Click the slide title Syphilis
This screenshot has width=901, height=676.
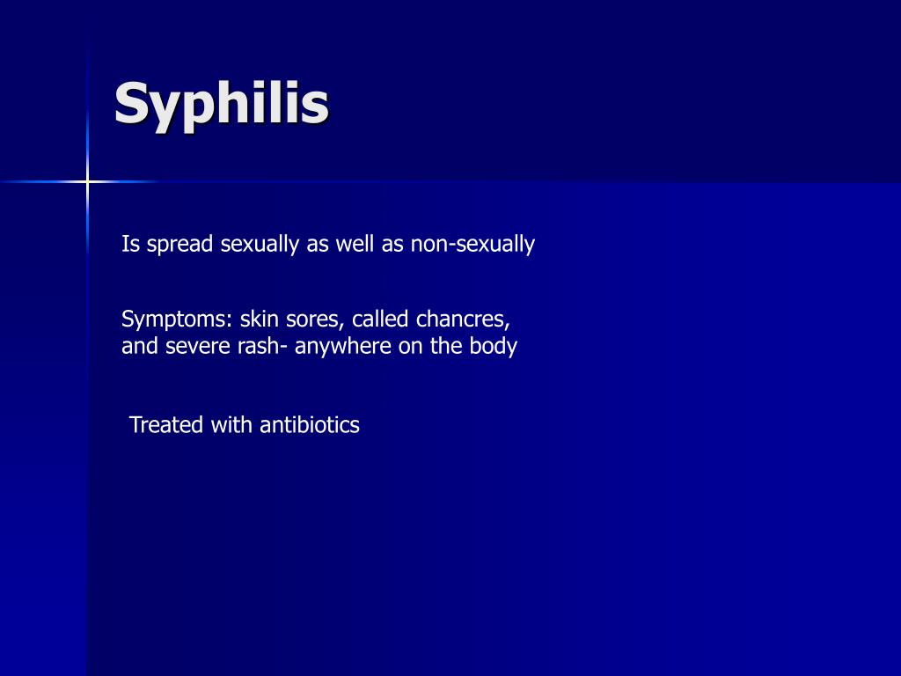(221, 105)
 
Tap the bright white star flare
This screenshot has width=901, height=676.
(87, 182)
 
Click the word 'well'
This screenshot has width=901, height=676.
(355, 245)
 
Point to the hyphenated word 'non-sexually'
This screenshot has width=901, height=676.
(472, 245)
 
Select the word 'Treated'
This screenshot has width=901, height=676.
(166, 425)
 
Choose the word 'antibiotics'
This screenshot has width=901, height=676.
(310, 425)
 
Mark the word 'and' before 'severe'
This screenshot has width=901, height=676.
(139, 346)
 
